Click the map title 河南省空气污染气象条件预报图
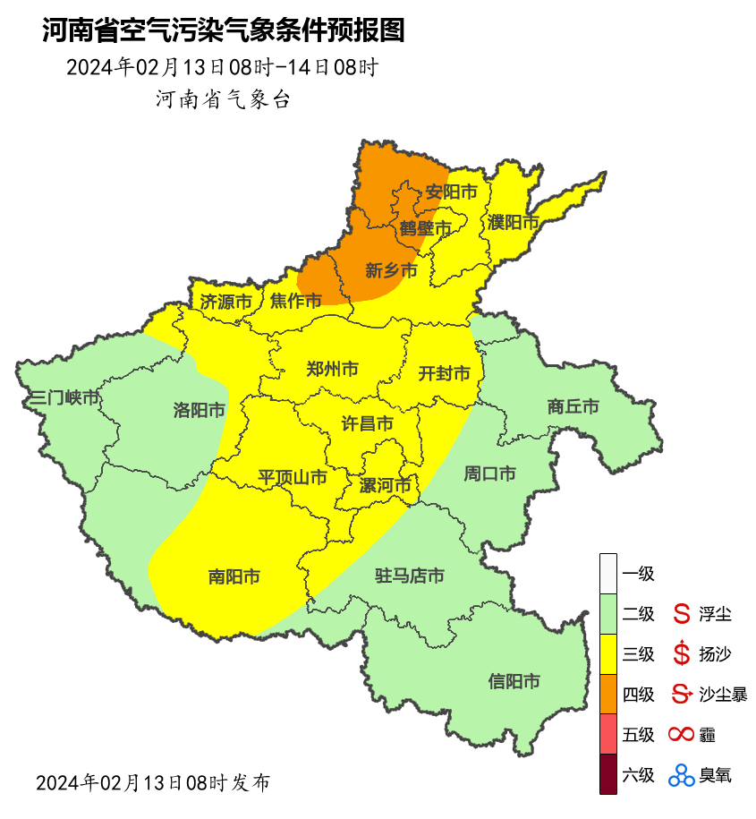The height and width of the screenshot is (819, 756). click(223, 30)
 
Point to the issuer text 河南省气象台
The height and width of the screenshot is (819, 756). click(223, 99)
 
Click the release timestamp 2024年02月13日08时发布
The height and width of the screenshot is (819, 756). click(152, 782)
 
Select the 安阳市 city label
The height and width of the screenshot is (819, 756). click(450, 192)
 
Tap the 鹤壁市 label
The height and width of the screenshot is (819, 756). click(425, 228)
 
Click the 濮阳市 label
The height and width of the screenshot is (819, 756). click(514, 222)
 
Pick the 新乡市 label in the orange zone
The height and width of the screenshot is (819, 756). click(391, 270)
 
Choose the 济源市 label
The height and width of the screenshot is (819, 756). click(225, 302)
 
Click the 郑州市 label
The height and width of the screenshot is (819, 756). click(332, 369)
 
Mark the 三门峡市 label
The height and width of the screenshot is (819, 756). click(64, 398)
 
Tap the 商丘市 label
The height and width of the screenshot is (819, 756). click(573, 406)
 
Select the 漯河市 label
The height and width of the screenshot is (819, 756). click(385, 486)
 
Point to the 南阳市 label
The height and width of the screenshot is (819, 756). click(234, 577)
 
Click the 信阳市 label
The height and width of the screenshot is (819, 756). click(514, 682)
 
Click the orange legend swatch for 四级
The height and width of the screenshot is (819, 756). click(608, 694)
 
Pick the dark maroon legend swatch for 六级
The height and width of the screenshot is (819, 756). click(608, 774)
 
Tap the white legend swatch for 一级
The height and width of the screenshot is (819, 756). click(608, 573)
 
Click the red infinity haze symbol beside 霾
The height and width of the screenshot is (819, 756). click(682, 735)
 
